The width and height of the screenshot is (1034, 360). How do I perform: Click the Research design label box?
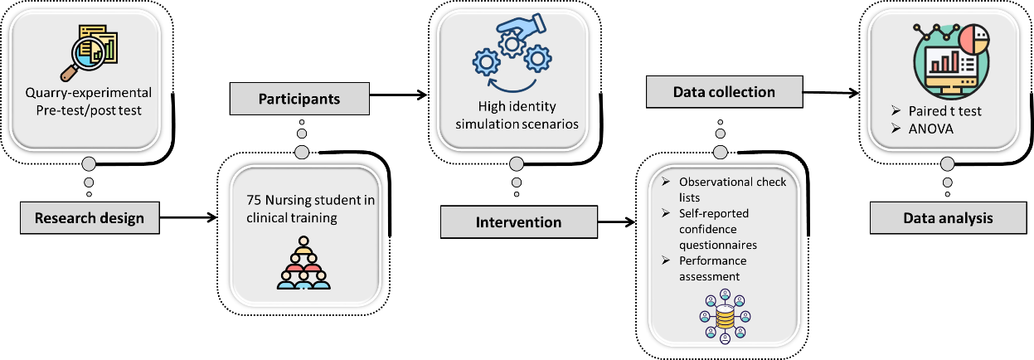pyautogui.click(x=90, y=219)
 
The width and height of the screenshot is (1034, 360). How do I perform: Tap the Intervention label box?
pyautogui.click(x=518, y=222)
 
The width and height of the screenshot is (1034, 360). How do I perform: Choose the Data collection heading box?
pyautogui.click(x=722, y=92)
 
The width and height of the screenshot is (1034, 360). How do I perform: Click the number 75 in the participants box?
pyautogui.click(x=254, y=200)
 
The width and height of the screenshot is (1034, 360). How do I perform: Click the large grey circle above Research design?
pyautogui.click(x=89, y=163)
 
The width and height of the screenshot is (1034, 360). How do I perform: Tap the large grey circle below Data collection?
pyautogui.click(x=720, y=151)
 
